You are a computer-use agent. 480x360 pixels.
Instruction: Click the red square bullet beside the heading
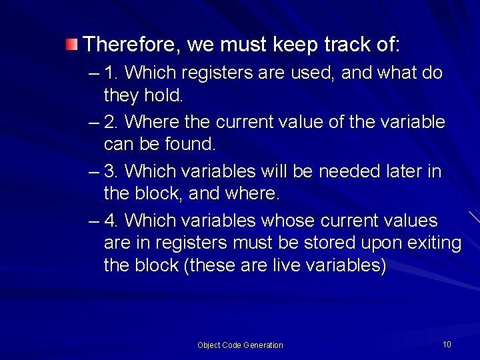click(71, 45)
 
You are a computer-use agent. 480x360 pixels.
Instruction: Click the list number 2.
click(111, 122)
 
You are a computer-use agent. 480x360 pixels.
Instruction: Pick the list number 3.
click(111, 171)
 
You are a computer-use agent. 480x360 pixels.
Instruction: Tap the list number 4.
click(111, 220)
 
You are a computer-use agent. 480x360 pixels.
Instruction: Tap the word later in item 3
click(403, 171)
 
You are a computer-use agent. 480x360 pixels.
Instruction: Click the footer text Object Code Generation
click(240, 345)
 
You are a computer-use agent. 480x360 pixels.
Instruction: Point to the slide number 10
click(447, 345)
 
